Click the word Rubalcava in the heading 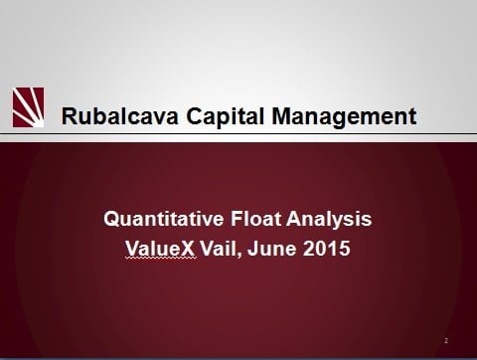point(110,116)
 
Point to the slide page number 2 point(446,340)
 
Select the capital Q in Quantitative point(112,217)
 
